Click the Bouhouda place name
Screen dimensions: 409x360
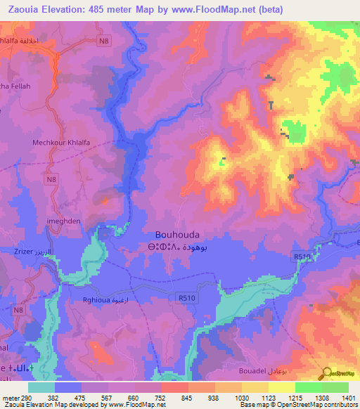pos(177,235)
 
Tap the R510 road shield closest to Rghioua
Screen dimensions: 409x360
pos(187,298)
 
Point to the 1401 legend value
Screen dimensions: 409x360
pos(348,398)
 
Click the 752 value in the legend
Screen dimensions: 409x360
pos(161,398)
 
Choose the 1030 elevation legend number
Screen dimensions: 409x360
pos(241,398)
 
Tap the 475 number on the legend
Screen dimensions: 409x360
pos(82,398)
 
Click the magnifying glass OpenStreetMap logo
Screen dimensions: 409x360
pos(326,374)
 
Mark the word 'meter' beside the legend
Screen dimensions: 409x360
pos(11,398)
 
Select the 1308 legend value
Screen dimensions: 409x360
pos(321,398)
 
